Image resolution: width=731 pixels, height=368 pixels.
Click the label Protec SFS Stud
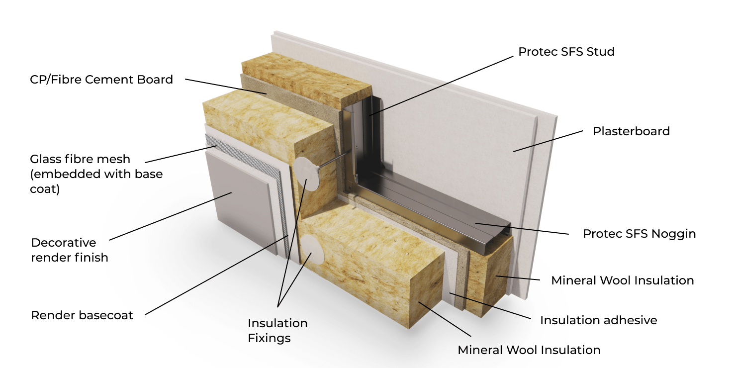tap(566, 52)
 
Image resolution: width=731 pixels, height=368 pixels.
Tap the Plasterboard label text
tap(631, 131)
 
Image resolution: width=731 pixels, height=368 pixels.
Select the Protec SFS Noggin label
tap(639, 234)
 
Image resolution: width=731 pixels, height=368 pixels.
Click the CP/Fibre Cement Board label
tap(101, 79)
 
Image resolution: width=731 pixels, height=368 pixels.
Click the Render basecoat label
tap(82, 315)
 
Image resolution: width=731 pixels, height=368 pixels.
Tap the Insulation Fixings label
tap(277, 331)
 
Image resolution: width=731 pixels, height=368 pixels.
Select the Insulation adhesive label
tap(598, 320)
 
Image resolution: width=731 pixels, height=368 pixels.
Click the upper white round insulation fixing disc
tap(308, 174)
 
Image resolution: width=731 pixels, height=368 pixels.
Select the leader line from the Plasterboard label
tap(547, 141)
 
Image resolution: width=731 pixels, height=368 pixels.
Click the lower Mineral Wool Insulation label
tap(529, 350)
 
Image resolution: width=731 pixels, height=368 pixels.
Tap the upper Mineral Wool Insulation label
tap(622, 280)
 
